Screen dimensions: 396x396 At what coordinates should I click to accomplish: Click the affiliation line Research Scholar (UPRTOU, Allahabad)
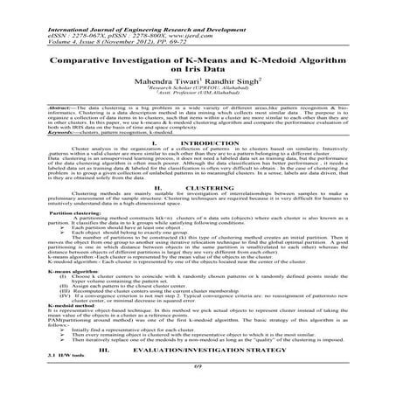point(198,94)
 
